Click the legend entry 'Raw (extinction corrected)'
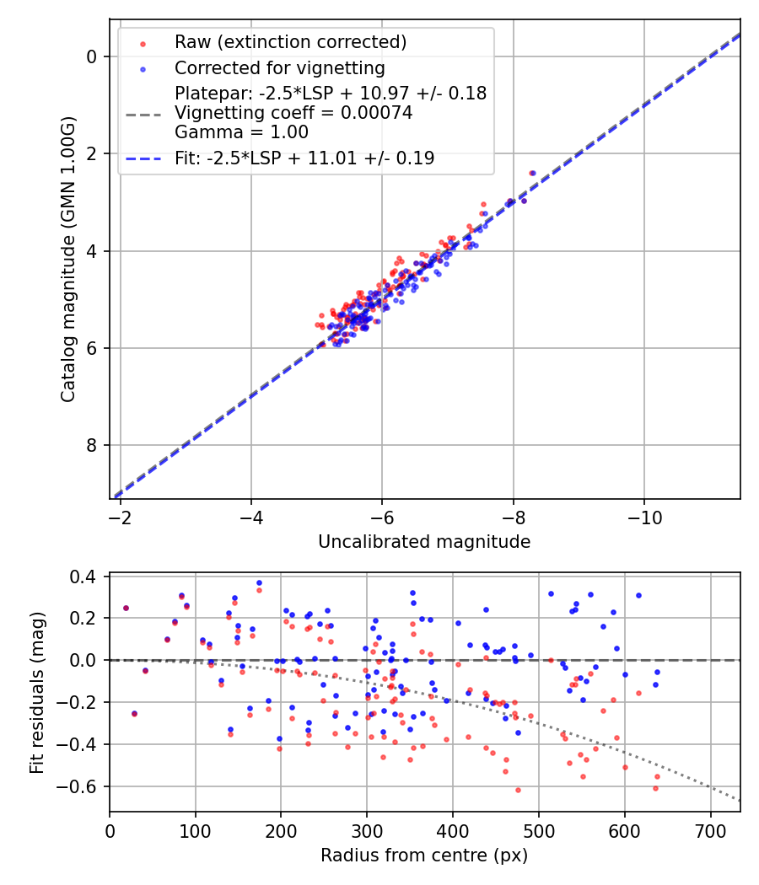click(x=290, y=42)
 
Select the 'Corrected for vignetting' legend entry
click(x=279, y=68)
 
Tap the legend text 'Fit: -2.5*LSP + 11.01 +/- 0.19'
click(x=304, y=158)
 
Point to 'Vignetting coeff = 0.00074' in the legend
click(x=293, y=113)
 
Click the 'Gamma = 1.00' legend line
click(x=241, y=132)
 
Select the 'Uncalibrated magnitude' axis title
click(x=424, y=542)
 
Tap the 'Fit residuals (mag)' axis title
click(x=36, y=693)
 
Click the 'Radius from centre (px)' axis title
click(x=424, y=855)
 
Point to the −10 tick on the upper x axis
click(x=644, y=515)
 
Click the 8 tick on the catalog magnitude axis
click(x=92, y=445)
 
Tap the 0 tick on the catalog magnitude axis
click(x=92, y=56)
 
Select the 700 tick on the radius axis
click(x=710, y=830)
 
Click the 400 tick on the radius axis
click(x=453, y=830)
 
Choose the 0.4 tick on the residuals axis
click(x=87, y=577)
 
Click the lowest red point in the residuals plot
click(x=518, y=790)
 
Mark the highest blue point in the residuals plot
click(x=259, y=582)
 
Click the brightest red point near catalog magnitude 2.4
click(x=532, y=173)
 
